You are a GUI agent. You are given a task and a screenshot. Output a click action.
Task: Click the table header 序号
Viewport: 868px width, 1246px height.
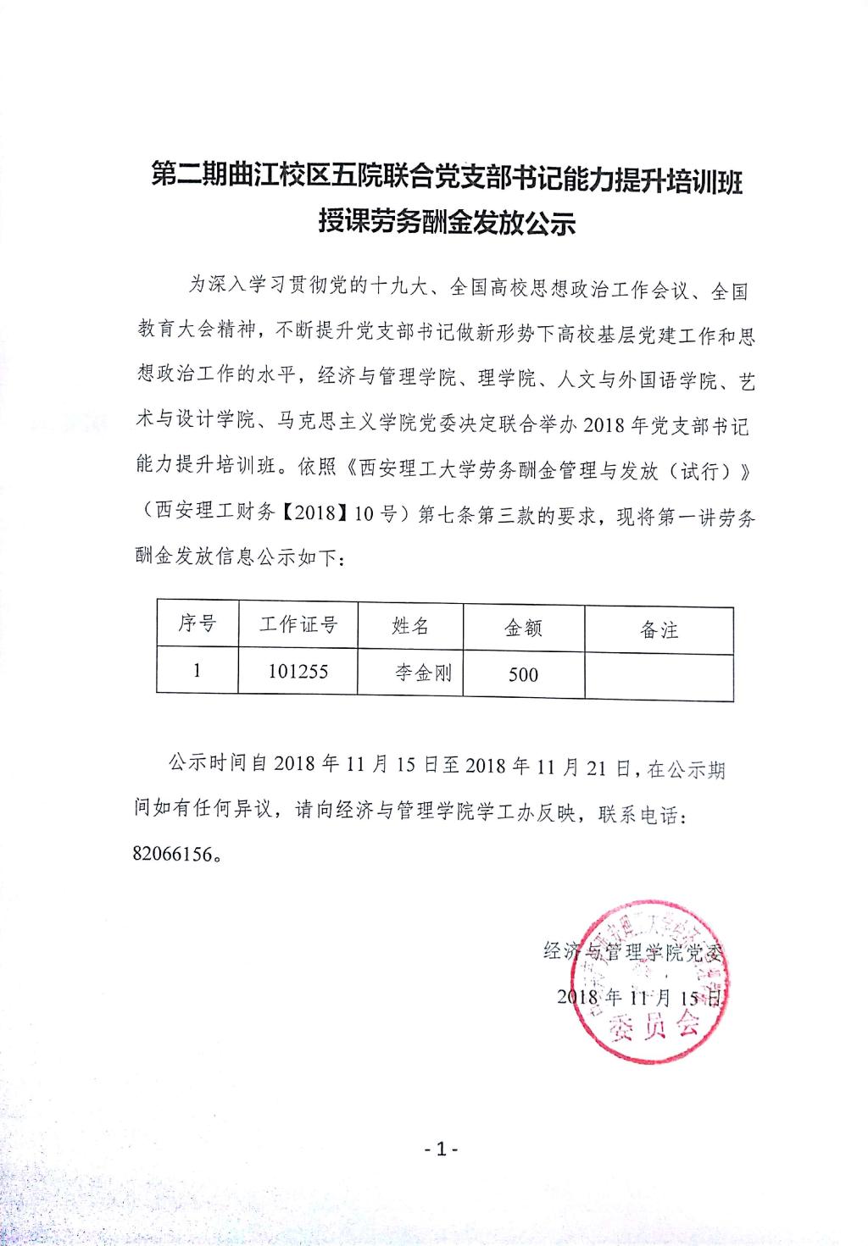(198, 624)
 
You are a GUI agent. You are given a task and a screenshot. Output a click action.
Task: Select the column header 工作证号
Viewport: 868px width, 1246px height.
(298, 625)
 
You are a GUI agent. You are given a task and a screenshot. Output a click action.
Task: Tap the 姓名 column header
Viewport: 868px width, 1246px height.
(410, 626)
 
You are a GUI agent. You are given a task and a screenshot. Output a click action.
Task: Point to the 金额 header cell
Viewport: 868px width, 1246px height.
(523, 628)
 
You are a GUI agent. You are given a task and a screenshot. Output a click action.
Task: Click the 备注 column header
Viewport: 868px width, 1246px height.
(659, 629)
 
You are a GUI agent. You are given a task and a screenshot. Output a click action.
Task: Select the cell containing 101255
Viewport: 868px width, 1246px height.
(298, 671)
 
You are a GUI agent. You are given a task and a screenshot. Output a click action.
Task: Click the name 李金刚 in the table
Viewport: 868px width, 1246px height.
(423, 673)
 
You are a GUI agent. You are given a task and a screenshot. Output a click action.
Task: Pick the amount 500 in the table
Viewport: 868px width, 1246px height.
(523, 674)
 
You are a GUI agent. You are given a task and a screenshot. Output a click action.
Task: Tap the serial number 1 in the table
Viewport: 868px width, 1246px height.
(198, 670)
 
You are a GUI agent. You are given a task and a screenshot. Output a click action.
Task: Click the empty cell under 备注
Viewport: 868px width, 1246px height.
(659, 676)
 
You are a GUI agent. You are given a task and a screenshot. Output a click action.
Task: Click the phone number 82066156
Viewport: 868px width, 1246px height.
(172, 853)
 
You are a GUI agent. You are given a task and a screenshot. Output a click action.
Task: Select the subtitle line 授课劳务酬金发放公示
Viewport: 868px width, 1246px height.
(447, 222)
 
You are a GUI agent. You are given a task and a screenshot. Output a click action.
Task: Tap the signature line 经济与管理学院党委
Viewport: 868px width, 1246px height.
(634, 951)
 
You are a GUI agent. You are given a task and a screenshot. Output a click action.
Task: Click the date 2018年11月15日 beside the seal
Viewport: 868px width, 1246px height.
(637, 996)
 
